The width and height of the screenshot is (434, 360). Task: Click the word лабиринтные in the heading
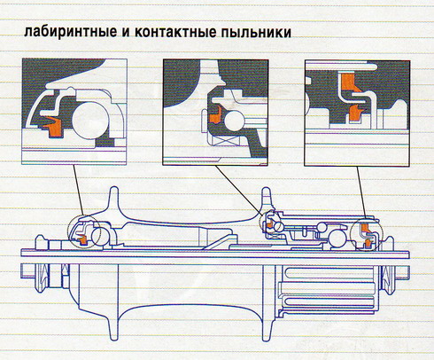[66, 32]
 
